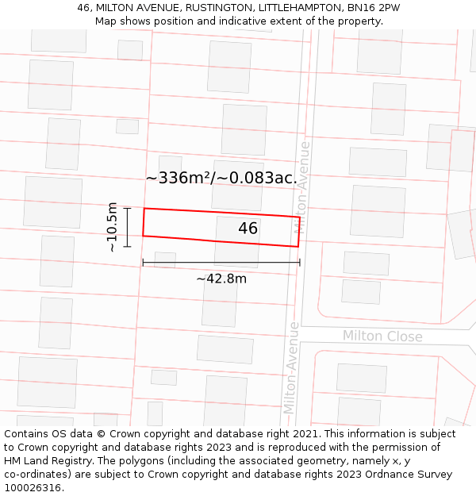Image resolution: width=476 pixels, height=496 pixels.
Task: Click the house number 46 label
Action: click(x=248, y=229)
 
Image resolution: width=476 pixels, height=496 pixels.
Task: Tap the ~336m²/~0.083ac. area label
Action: click(x=221, y=178)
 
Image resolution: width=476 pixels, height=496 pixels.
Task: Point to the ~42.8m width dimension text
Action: click(x=221, y=279)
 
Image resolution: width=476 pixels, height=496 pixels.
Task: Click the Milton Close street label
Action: click(x=382, y=336)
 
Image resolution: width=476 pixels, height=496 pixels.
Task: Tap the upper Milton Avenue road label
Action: click(x=303, y=186)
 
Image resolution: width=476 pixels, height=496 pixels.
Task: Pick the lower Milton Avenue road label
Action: click(x=291, y=367)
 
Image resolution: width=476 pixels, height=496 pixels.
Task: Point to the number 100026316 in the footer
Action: click(x=33, y=488)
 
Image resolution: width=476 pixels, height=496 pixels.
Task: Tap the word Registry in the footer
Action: click(x=79, y=461)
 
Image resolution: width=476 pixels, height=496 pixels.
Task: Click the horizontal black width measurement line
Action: click(x=221, y=262)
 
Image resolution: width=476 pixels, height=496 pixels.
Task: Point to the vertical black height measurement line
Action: click(x=127, y=228)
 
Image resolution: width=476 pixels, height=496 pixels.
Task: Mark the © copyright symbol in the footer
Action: click(x=101, y=434)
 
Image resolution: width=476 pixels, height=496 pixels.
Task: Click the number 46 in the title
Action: click(x=84, y=8)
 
